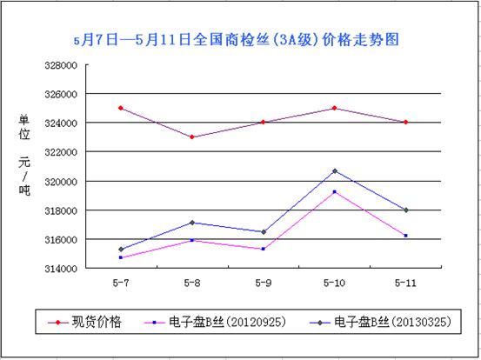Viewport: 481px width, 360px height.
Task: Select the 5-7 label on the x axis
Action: [120, 283]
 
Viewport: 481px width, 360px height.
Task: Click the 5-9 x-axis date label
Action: [263, 283]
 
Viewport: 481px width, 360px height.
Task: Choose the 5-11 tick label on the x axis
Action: [405, 283]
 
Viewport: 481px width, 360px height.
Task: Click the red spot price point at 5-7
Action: [120, 108]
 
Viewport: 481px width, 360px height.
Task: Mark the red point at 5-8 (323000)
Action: [191, 137]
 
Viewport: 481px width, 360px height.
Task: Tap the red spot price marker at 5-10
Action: [334, 108]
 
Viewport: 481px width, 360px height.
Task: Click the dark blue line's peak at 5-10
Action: [334, 170]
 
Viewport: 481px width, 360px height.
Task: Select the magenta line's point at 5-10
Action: [334, 191]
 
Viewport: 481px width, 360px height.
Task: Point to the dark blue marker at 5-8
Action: [191, 223]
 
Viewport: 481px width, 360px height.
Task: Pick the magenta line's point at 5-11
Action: [405, 236]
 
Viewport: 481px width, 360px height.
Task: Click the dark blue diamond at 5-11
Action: [405, 210]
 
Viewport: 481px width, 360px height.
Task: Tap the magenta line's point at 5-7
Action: [120, 257]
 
